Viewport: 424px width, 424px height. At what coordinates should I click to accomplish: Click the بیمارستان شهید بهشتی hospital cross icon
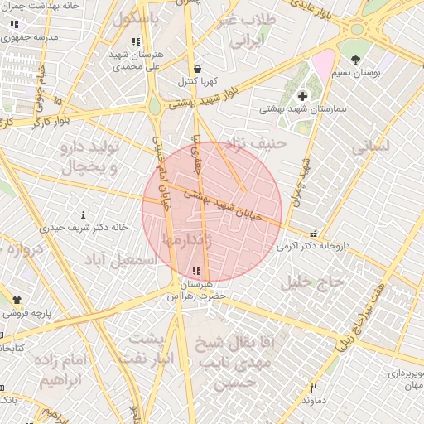click(x=302, y=96)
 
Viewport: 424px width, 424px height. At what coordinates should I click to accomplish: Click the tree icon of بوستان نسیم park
click(x=356, y=60)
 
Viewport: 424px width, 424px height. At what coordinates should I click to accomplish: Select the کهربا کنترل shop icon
click(x=196, y=69)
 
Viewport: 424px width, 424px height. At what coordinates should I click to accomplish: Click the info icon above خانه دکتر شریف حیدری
click(x=83, y=214)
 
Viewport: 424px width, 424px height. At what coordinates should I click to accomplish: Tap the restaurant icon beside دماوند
click(x=313, y=388)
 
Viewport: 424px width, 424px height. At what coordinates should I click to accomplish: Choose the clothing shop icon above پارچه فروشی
click(x=17, y=299)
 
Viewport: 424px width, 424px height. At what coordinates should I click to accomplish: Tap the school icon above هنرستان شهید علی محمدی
click(x=136, y=41)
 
